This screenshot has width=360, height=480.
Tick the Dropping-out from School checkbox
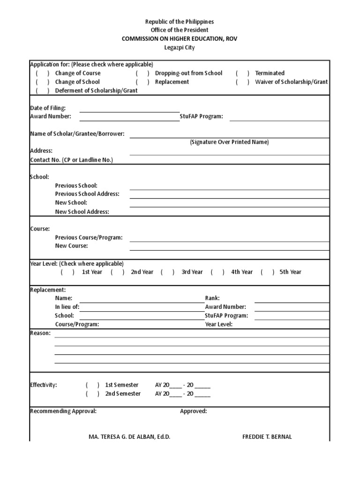pos(142,73)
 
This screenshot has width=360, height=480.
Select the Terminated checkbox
pos(242,73)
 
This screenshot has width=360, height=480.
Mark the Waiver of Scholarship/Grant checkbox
pos(242,82)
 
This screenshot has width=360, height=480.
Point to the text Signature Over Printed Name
pos(229,142)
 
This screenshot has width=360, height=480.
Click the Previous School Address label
pos(87,194)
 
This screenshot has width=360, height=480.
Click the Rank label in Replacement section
pos(212,298)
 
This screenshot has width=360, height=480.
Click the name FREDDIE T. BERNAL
pos(267,437)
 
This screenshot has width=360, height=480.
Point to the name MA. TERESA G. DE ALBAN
pos(129,437)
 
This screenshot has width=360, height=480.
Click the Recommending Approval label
pos(63,411)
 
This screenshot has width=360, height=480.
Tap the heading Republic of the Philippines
pos(180,22)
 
